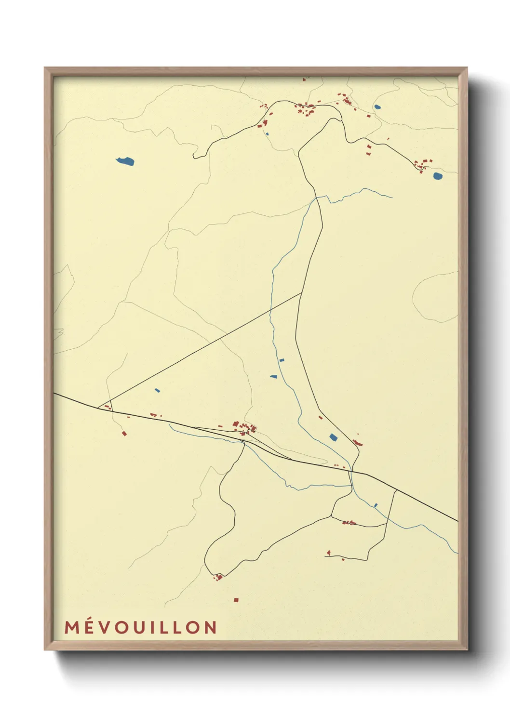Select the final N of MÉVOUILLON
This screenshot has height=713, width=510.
210,627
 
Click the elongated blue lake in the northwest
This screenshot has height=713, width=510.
125,161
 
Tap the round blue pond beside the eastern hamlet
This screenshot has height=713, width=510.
437,176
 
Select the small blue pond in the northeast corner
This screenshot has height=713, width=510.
377,107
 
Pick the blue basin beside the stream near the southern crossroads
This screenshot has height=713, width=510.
333,437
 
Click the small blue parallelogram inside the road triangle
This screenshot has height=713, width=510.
157,390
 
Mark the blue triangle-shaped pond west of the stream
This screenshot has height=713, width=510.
274,376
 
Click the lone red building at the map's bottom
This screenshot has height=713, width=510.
236,600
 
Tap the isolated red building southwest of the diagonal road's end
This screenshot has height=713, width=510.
124,434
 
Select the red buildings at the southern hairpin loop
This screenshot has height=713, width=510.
218,576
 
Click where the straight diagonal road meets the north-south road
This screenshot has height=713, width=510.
301,293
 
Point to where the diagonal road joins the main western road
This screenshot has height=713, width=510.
98,408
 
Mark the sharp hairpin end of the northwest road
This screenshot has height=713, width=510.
194,156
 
